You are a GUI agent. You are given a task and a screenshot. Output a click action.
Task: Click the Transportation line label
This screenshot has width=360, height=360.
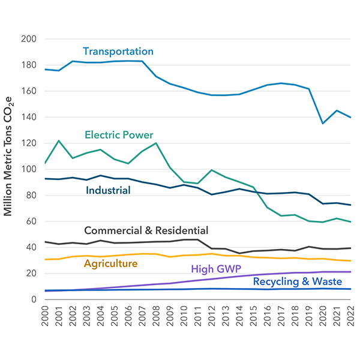118,52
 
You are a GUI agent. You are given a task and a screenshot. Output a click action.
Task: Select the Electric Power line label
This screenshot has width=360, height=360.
119,135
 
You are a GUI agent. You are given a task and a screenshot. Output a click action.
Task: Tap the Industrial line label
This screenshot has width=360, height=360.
107,191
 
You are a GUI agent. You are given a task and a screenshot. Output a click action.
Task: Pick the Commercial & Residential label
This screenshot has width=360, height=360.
146,230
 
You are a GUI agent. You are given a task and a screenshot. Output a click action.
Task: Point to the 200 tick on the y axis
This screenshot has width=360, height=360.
29,39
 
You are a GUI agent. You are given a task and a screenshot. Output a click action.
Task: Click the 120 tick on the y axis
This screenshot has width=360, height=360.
29,143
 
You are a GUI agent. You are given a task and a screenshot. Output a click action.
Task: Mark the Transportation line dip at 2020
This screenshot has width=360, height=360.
323,123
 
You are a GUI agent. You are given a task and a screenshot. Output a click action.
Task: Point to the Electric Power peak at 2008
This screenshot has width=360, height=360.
156,143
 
